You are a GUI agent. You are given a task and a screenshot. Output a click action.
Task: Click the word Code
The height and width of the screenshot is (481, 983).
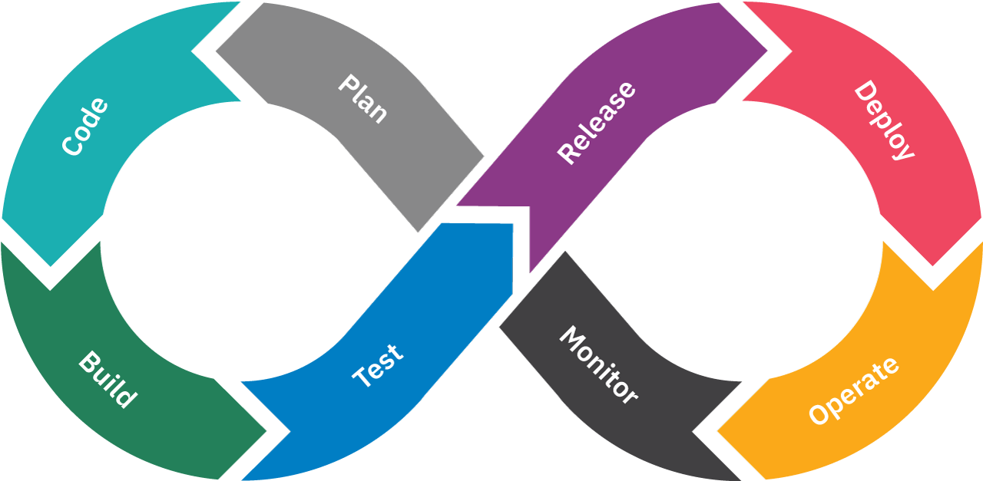[x=84, y=127]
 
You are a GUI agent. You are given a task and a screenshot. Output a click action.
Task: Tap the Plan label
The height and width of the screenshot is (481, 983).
[x=363, y=99]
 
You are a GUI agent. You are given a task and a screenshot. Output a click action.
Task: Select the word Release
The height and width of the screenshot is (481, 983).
[x=597, y=123]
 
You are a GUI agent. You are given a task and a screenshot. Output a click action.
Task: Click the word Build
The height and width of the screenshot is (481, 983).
[x=108, y=380]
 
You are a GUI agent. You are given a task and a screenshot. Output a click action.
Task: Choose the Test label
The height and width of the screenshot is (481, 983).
[x=377, y=365]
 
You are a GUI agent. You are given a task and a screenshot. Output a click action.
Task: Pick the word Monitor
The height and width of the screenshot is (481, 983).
[x=598, y=364]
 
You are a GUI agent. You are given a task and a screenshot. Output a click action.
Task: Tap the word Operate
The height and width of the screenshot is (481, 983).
[x=853, y=390]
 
